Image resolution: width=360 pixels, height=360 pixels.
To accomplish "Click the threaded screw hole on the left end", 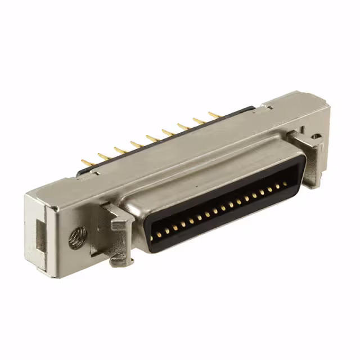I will pos(78,238).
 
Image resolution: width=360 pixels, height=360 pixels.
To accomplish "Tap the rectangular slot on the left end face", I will pos(40,230).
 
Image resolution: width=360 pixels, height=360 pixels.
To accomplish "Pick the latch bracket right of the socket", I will pos(309,158).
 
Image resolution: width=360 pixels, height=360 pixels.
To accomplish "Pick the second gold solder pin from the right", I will pos(199,121).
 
